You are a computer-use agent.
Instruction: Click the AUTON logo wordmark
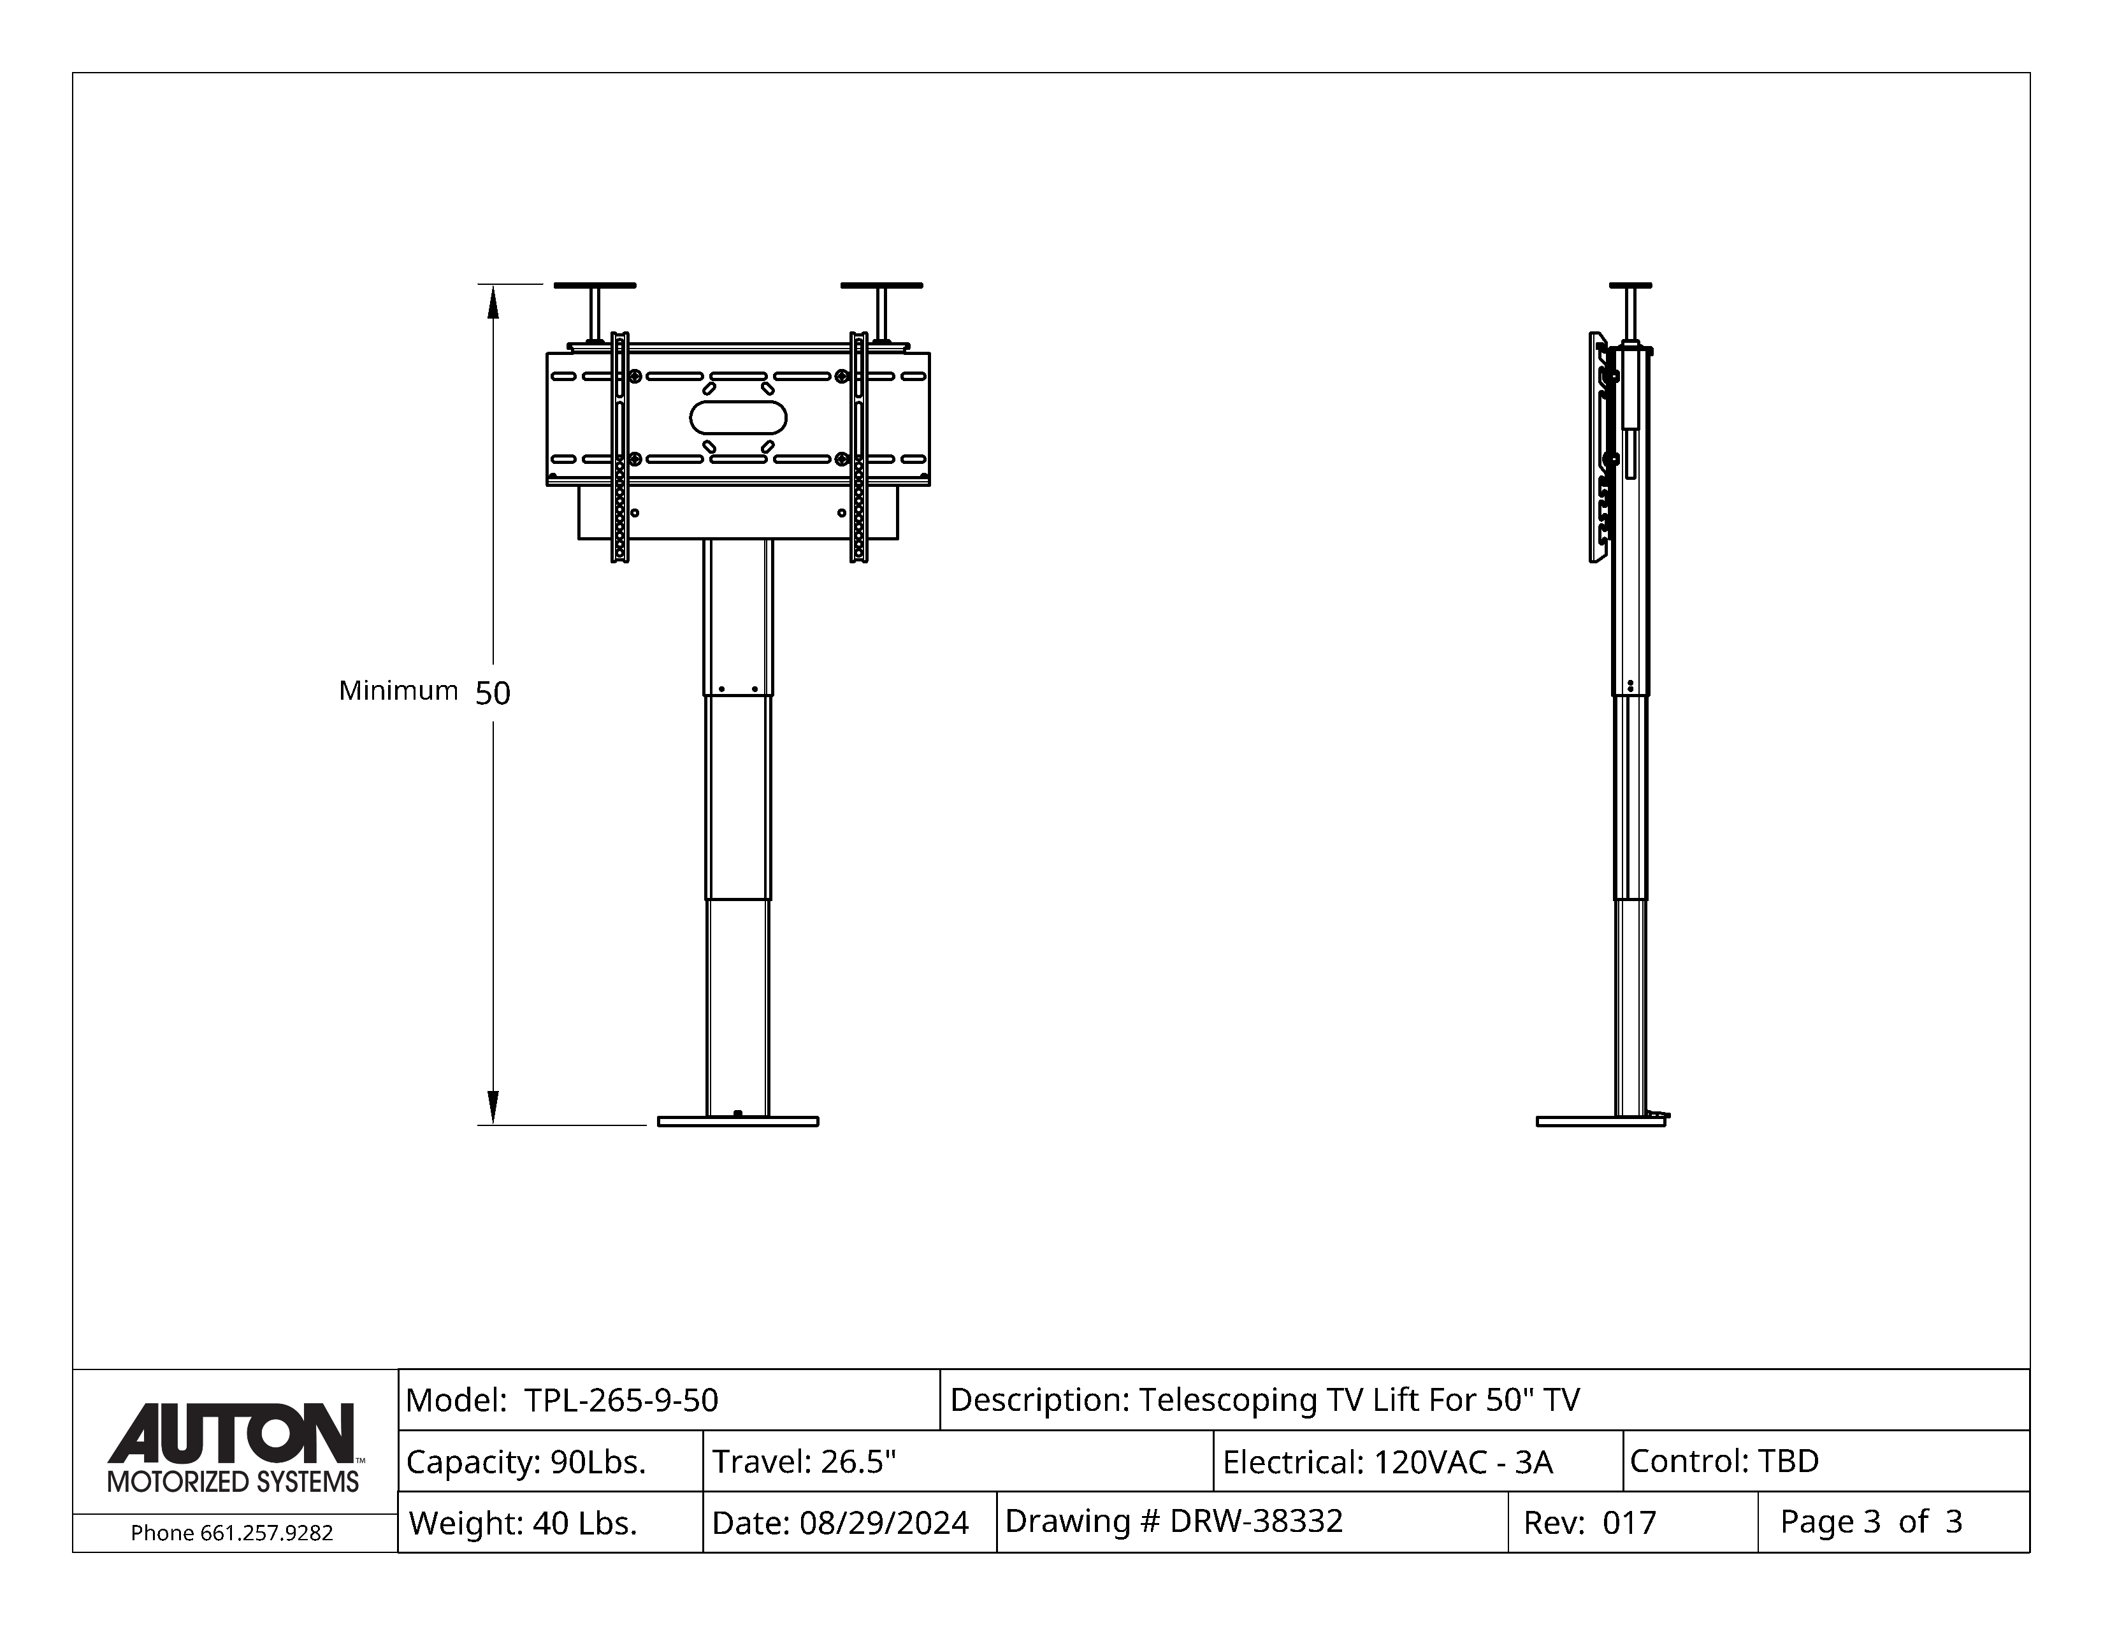click(231, 1433)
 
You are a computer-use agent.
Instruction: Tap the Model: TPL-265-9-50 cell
click(669, 1400)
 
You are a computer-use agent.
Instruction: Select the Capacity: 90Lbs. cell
click(551, 1461)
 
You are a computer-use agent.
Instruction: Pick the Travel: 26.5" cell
click(958, 1461)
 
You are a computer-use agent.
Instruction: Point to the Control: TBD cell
click(1826, 1461)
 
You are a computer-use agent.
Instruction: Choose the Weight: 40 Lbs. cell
click(551, 1522)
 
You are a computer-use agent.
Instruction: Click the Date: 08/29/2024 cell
click(849, 1522)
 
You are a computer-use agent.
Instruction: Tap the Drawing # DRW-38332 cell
click(1252, 1522)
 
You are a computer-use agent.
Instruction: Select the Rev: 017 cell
click(1633, 1522)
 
